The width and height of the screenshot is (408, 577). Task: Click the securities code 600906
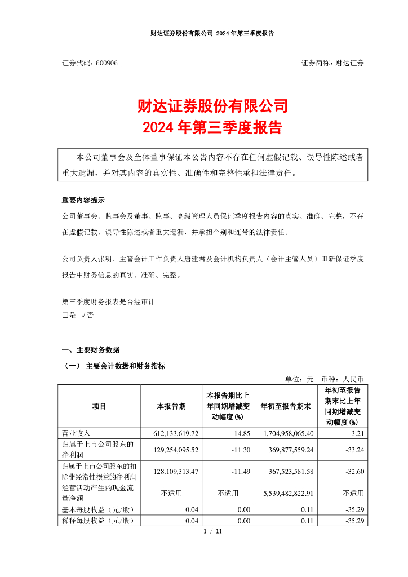(107, 63)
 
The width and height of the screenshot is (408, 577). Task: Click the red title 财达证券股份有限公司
(212, 106)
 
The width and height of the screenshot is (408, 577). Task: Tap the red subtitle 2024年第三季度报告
(212, 127)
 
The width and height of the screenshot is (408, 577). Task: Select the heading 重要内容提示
(83, 200)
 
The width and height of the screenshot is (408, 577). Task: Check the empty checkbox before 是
(65, 315)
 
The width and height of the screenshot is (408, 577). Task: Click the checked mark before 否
(83, 315)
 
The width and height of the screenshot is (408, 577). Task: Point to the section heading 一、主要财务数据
(90, 350)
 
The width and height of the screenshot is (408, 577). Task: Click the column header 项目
(99, 406)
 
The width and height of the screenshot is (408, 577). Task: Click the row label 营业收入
(76, 433)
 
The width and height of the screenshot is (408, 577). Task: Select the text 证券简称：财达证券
(332, 63)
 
